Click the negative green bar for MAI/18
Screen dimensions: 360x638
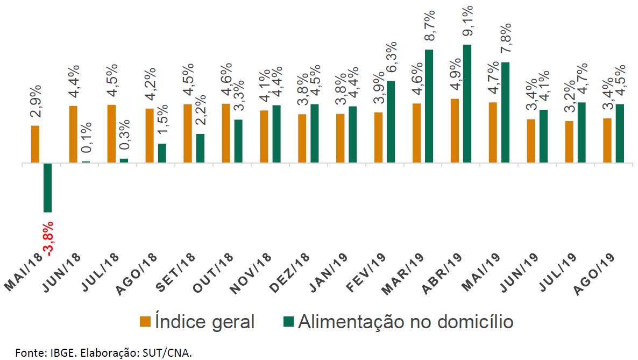coord(48,187)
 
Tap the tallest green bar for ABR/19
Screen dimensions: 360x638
coord(467,103)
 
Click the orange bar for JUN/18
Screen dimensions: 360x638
coord(73,134)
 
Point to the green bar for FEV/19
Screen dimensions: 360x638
coord(391,122)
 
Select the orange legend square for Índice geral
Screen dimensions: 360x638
coord(145,321)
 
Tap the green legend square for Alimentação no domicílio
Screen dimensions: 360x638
coord(289,321)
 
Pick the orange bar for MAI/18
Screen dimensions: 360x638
coord(35,144)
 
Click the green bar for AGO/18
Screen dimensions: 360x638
coord(162,153)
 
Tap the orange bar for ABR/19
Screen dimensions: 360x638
coord(455,130)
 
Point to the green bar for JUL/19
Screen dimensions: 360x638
coord(582,132)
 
